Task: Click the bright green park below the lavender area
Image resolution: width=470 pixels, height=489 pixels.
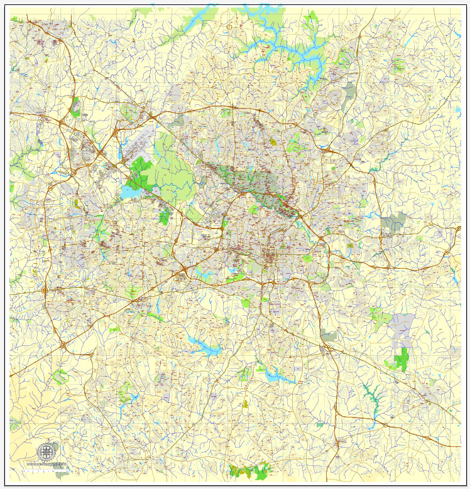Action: pos(400,360)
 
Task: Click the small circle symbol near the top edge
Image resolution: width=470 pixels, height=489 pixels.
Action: pos(230,27)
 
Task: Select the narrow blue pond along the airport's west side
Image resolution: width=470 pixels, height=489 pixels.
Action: pos(120,151)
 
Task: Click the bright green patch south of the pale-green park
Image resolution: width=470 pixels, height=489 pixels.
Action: pos(165,217)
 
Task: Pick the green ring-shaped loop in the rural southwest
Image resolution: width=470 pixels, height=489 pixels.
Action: pos(60,377)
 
